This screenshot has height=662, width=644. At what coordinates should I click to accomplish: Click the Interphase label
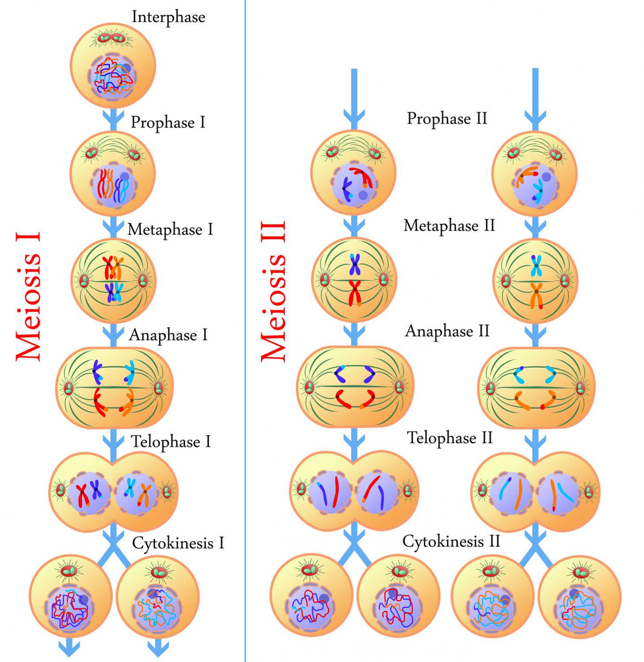click(168, 17)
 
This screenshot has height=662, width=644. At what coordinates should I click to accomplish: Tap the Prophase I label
click(168, 122)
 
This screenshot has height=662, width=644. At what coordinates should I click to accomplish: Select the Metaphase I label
click(170, 229)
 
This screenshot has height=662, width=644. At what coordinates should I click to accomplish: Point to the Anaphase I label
click(168, 335)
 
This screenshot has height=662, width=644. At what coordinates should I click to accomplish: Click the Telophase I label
click(171, 442)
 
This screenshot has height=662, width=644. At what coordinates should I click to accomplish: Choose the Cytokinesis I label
click(178, 542)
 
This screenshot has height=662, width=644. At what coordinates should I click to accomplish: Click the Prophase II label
click(447, 118)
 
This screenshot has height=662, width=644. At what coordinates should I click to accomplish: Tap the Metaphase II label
click(449, 226)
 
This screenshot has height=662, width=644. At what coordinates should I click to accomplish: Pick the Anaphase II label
click(448, 332)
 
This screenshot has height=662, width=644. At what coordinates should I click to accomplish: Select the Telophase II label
click(450, 438)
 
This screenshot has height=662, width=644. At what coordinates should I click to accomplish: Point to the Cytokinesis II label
click(451, 541)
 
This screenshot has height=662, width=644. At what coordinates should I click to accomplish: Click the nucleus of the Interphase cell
click(113, 76)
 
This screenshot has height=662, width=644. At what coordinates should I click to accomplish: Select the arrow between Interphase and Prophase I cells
click(113, 118)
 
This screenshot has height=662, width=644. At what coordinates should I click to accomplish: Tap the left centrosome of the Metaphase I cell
click(83, 281)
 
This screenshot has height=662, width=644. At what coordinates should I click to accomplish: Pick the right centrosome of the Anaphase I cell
click(158, 388)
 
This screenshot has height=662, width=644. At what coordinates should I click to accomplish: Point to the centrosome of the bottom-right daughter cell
click(581, 571)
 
